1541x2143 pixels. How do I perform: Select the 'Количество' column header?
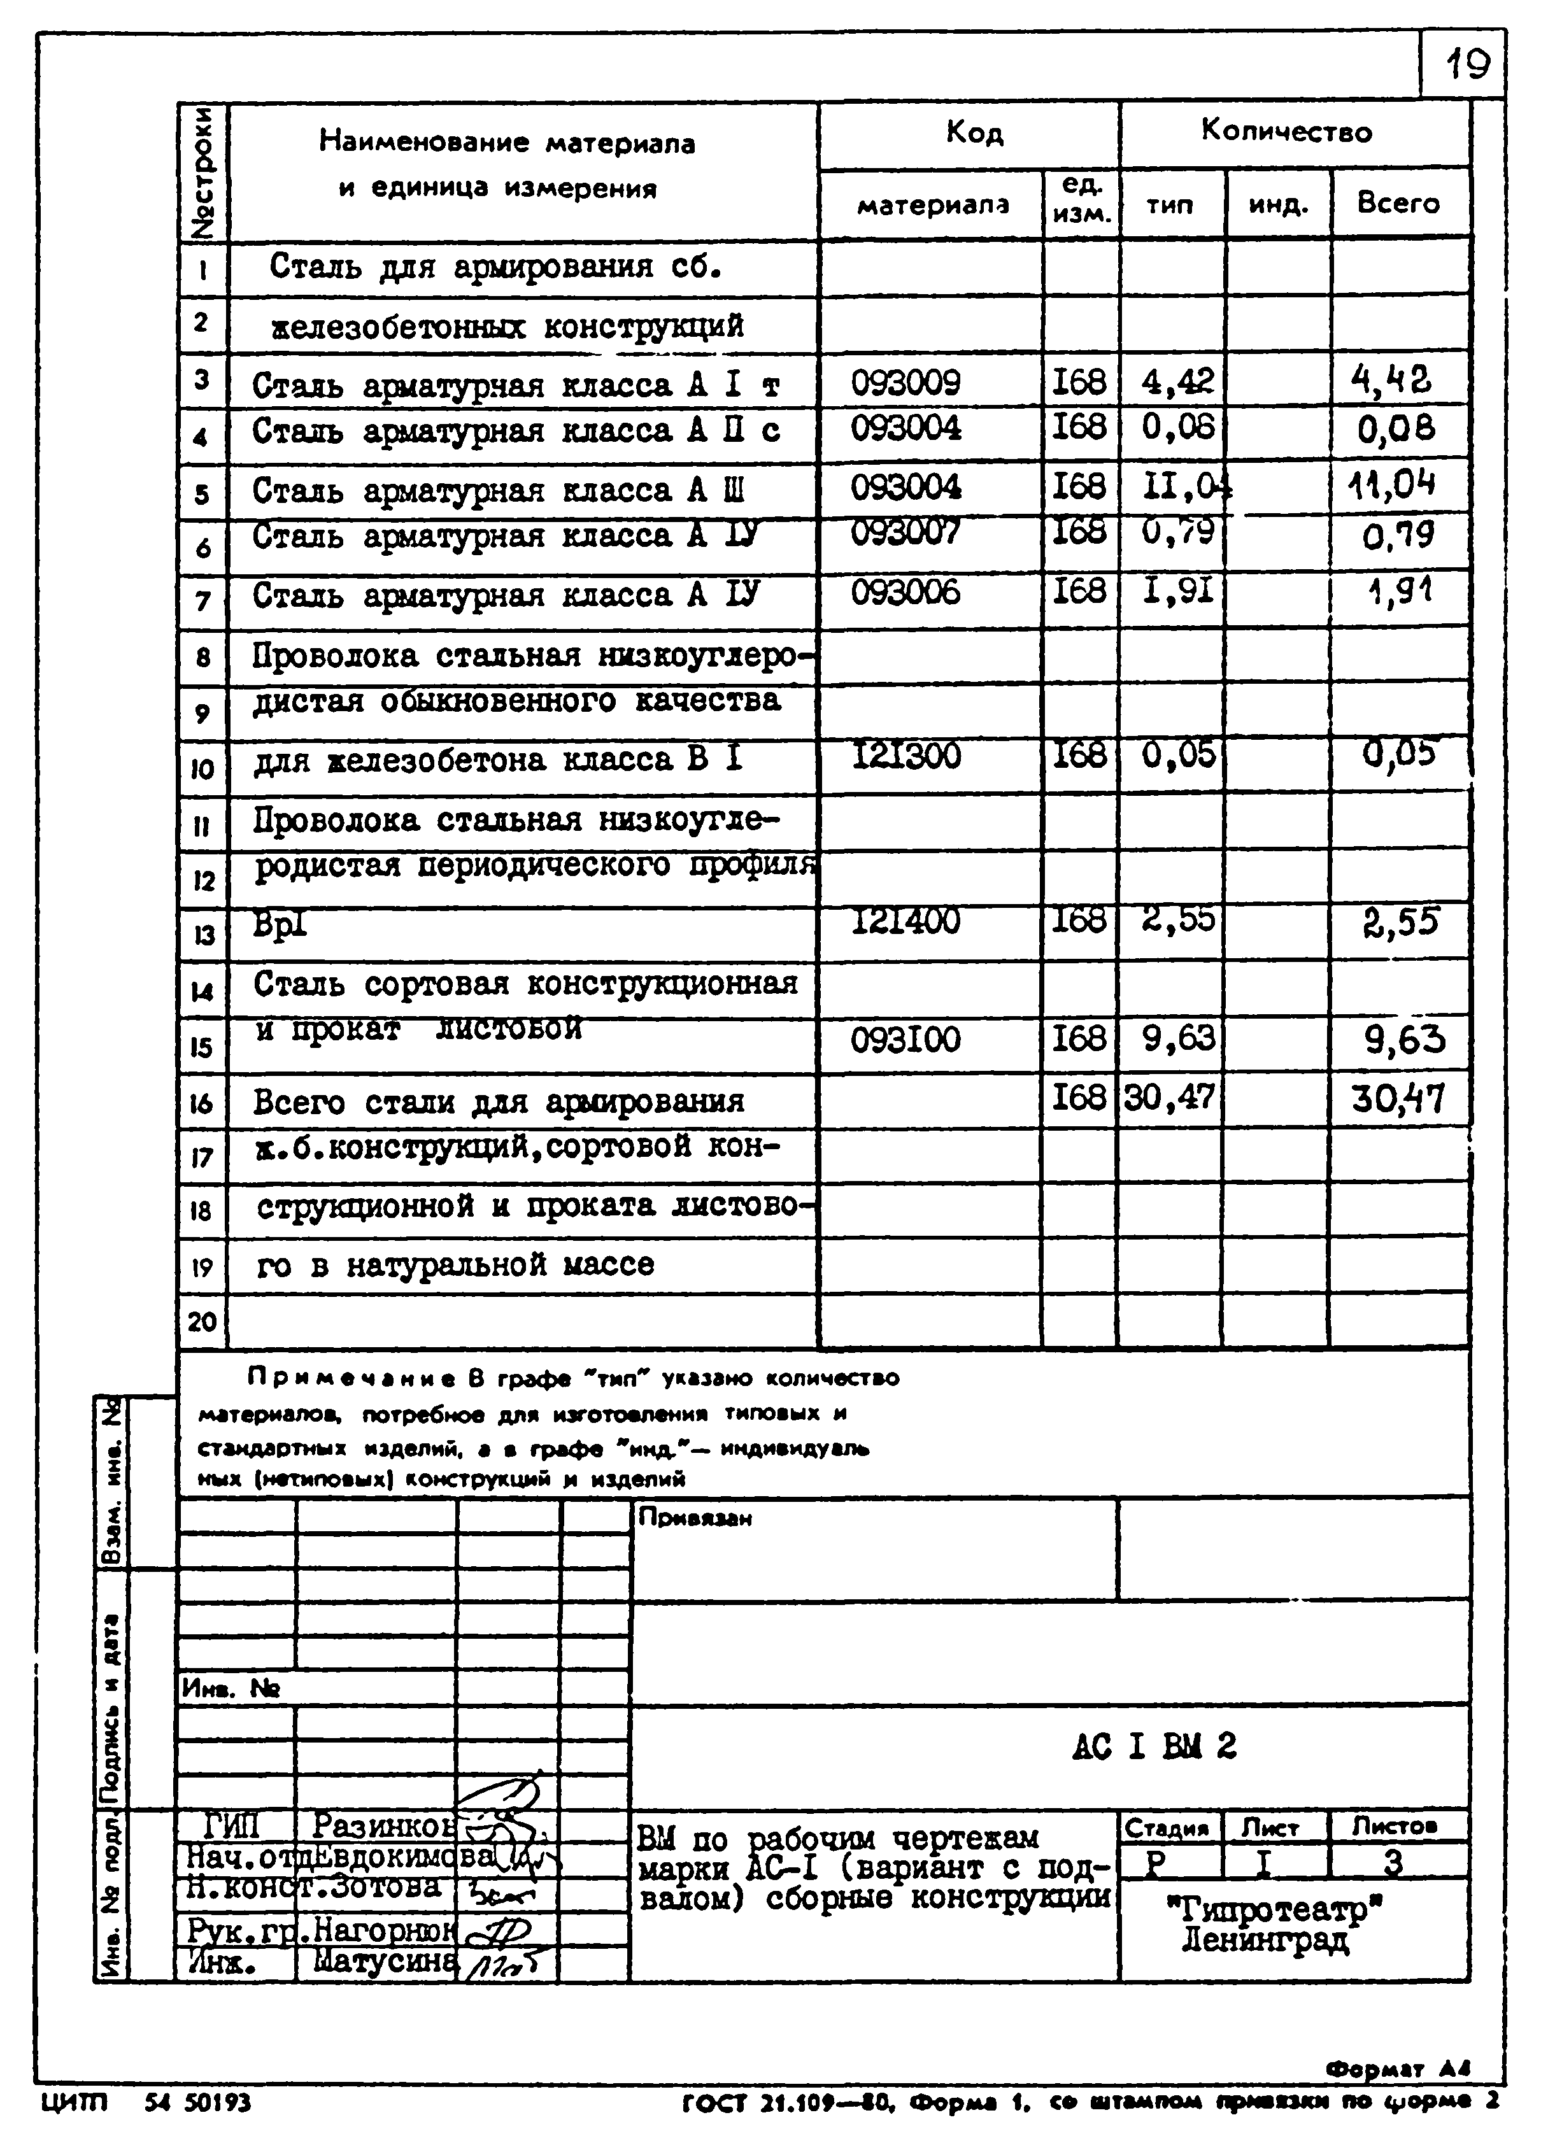point(1286,131)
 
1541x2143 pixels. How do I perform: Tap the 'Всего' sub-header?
point(1398,203)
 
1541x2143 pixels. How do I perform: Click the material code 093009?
point(905,383)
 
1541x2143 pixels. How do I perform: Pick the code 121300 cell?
point(905,756)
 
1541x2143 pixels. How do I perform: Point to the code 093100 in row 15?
point(905,1040)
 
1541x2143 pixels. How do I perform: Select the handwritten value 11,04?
point(1393,486)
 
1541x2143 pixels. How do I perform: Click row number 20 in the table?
point(202,1321)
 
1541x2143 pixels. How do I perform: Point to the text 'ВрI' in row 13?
point(281,924)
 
